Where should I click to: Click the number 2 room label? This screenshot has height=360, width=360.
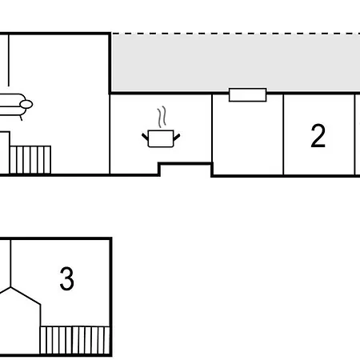318,136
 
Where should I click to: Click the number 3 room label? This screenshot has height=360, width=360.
66,278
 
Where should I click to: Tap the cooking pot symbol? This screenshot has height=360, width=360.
161,138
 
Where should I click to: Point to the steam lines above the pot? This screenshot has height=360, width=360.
162,117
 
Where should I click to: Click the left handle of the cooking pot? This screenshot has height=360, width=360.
145,137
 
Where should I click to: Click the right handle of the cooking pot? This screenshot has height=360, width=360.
177,137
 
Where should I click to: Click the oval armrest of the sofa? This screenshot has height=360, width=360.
26,104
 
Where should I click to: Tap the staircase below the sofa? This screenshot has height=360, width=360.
30,160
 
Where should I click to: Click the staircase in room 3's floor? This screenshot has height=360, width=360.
74,340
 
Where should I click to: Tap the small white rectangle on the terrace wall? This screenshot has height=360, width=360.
248,95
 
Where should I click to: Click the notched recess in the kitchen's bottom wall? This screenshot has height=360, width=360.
186,163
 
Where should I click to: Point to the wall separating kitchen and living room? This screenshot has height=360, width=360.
110,134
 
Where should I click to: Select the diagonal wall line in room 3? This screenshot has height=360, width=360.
26,295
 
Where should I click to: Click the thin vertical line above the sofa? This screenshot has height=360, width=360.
9,60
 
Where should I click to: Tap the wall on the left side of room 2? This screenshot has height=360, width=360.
283,134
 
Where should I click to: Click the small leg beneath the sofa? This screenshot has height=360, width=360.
21,118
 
